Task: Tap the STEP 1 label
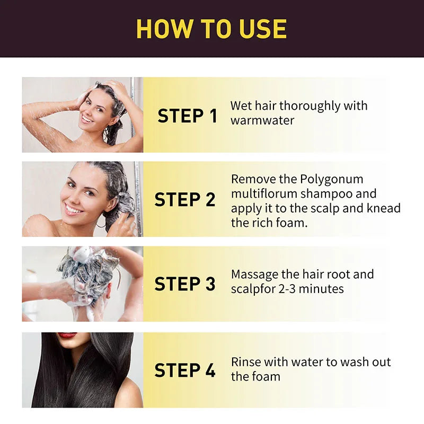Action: (187, 116)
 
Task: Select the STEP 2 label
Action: (185, 200)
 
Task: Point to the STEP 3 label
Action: (185, 284)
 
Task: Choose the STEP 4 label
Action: (185, 370)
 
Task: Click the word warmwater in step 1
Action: (262, 120)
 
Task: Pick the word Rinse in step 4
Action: (247, 363)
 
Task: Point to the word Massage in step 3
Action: (255, 275)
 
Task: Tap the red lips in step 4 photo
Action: (67, 335)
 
